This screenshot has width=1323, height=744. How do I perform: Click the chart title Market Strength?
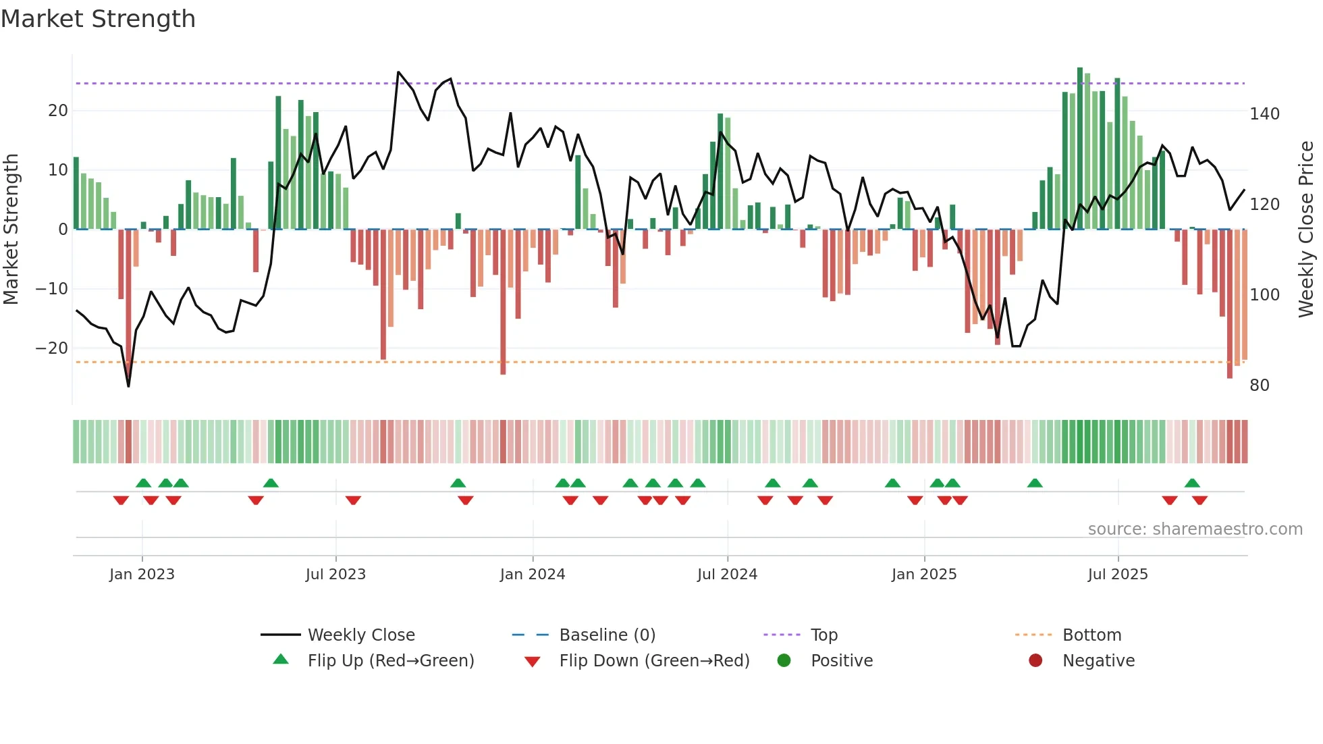coord(98,19)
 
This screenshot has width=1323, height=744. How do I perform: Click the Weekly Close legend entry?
coord(360,635)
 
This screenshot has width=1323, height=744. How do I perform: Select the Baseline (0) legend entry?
coord(607,635)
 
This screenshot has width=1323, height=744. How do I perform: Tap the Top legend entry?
coord(823,635)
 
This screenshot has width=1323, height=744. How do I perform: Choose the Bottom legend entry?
coord(1091,635)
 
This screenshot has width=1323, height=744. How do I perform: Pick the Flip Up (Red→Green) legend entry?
coord(390,661)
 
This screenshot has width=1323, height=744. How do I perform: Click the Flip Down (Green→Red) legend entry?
coord(653,661)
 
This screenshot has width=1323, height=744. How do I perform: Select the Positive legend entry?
coord(841,661)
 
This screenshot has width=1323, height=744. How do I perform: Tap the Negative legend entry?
coord(1098,661)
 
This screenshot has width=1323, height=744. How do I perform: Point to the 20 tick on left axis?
coord(58,111)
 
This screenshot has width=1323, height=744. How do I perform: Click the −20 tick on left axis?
coord(52,348)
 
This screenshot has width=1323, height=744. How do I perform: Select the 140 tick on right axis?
coord(1264,114)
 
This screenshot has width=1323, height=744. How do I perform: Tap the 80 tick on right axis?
coord(1260,386)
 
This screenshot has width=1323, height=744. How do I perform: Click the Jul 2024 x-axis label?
coord(727,575)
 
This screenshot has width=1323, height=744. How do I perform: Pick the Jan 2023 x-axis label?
coord(142,575)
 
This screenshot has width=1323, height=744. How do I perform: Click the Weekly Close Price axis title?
coord(1306,230)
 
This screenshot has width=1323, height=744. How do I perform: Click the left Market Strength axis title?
coord(11,230)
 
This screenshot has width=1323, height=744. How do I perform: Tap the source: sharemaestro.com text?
coord(1195,529)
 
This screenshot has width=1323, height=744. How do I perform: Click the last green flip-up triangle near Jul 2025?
coord(1192,483)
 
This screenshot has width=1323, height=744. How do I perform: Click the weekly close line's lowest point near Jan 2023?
coord(129,386)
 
